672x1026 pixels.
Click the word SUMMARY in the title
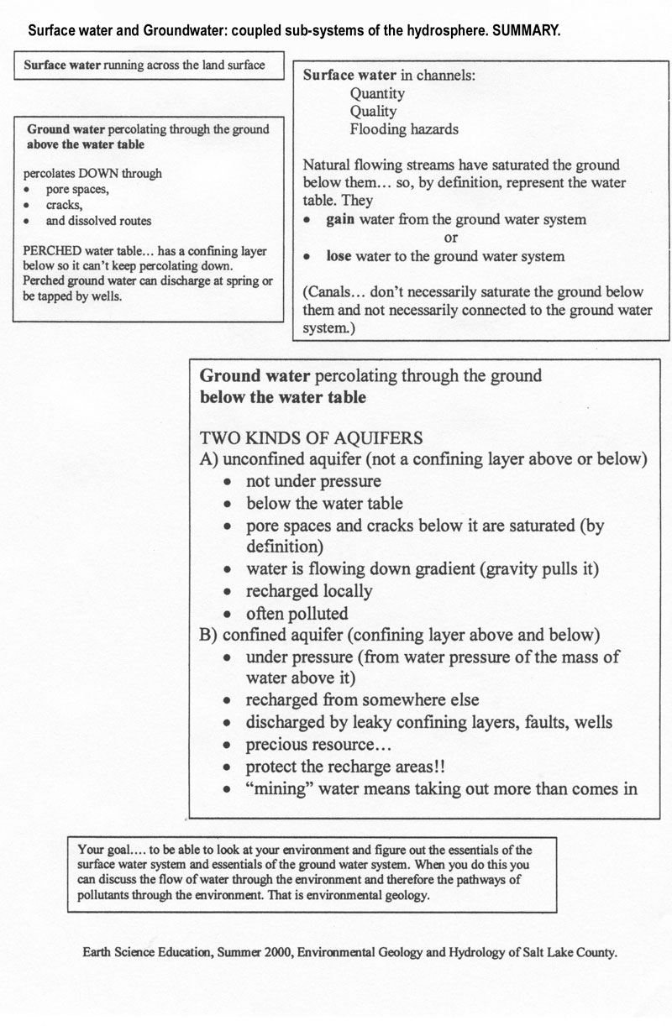click(525, 30)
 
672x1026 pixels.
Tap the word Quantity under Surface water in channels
click(377, 93)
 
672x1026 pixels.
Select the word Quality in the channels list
click(373, 112)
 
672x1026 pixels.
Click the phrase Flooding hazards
click(404, 130)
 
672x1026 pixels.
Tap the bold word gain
click(343, 220)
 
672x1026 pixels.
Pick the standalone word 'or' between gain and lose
click(451, 238)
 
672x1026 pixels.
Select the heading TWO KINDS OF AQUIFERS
click(310, 438)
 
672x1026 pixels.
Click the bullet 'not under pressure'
click(313, 482)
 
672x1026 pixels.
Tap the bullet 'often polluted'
click(297, 613)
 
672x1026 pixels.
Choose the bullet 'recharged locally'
click(308, 591)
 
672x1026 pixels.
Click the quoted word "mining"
click(276, 788)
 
